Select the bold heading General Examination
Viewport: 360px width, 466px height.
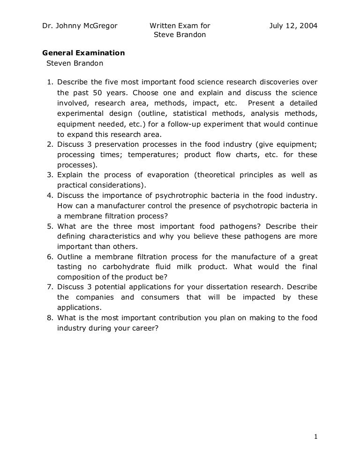click(83, 53)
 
